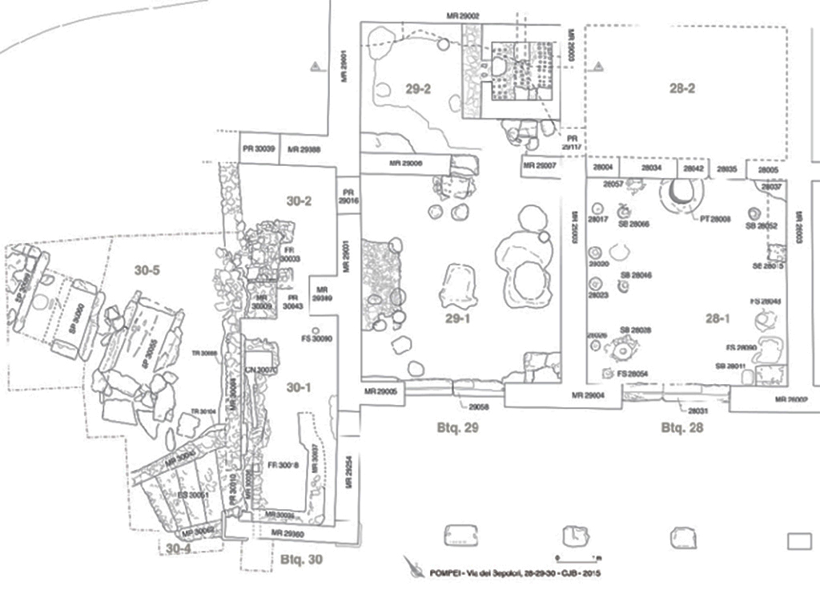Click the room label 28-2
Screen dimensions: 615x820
click(681, 88)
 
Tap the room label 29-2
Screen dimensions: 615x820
click(418, 89)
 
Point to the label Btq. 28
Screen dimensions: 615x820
click(681, 427)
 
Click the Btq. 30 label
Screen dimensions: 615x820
click(302, 559)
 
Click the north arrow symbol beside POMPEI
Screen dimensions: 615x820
click(414, 568)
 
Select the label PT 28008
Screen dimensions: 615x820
click(715, 217)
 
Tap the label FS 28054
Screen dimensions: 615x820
click(632, 374)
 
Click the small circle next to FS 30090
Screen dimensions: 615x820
click(316, 330)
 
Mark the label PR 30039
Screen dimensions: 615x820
click(258, 149)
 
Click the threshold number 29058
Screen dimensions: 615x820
click(479, 407)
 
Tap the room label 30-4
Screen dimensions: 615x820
click(178, 548)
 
